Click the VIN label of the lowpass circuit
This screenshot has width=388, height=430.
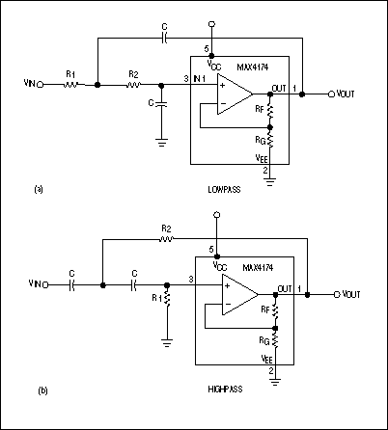pyautogui.click(x=30, y=85)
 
